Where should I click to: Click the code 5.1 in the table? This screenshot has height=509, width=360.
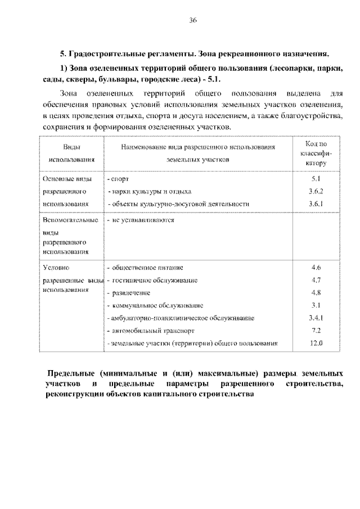click(x=316, y=179)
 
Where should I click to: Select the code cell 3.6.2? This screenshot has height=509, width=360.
click(x=316, y=191)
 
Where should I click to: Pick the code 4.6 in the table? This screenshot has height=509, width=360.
click(x=316, y=267)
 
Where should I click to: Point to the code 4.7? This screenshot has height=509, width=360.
click(x=316, y=280)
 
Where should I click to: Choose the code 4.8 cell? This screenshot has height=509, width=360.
click(x=316, y=292)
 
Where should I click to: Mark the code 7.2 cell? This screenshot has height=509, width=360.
click(x=316, y=330)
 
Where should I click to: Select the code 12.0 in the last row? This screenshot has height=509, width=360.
click(x=316, y=343)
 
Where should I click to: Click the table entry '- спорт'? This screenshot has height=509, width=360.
click(x=118, y=179)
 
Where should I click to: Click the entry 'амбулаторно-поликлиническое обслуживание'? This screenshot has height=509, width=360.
click(x=182, y=318)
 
